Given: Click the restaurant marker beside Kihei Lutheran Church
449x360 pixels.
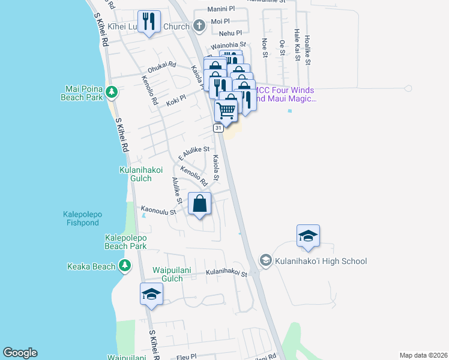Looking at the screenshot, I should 148,22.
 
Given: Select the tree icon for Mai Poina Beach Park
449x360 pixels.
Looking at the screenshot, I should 111,92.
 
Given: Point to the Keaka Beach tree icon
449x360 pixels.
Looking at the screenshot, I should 124,265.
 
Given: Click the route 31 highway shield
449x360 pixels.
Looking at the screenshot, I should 218,128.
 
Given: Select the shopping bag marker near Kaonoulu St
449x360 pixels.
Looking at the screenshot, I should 199,203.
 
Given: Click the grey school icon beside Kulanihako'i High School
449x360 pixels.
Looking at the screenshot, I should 265,260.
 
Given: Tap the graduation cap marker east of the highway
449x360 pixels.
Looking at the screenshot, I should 308,236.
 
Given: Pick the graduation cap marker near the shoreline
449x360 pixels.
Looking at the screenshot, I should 151,294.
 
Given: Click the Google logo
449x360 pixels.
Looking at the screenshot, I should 20,353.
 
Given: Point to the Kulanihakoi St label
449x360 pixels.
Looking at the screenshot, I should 227,274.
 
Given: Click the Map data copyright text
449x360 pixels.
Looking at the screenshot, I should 423,355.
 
